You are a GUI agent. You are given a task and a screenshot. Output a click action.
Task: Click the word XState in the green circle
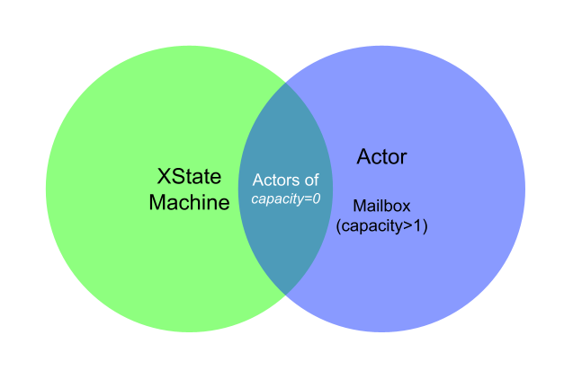[x=189, y=177]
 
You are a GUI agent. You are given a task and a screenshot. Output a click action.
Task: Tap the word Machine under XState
[x=189, y=203]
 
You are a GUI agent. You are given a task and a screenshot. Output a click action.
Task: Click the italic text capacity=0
[x=285, y=198]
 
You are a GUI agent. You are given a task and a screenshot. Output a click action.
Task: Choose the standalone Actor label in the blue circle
[x=381, y=157]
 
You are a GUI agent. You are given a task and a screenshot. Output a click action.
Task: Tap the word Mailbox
[x=381, y=207]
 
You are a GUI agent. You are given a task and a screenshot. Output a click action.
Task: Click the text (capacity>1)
[x=381, y=226]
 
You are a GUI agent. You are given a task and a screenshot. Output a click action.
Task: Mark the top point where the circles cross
[x=285, y=83]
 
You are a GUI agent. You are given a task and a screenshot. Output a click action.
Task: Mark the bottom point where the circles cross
[x=285, y=295]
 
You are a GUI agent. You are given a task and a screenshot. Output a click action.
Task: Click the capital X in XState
[x=165, y=177]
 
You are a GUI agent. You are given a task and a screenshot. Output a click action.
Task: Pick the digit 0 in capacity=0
[x=316, y=198]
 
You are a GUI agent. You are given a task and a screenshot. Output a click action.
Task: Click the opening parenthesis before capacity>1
[x=338, y=226]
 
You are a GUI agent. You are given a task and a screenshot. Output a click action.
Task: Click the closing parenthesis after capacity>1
[x=425, y=226]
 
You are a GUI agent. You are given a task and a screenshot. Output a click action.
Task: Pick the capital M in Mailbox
[x=358, y=207]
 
